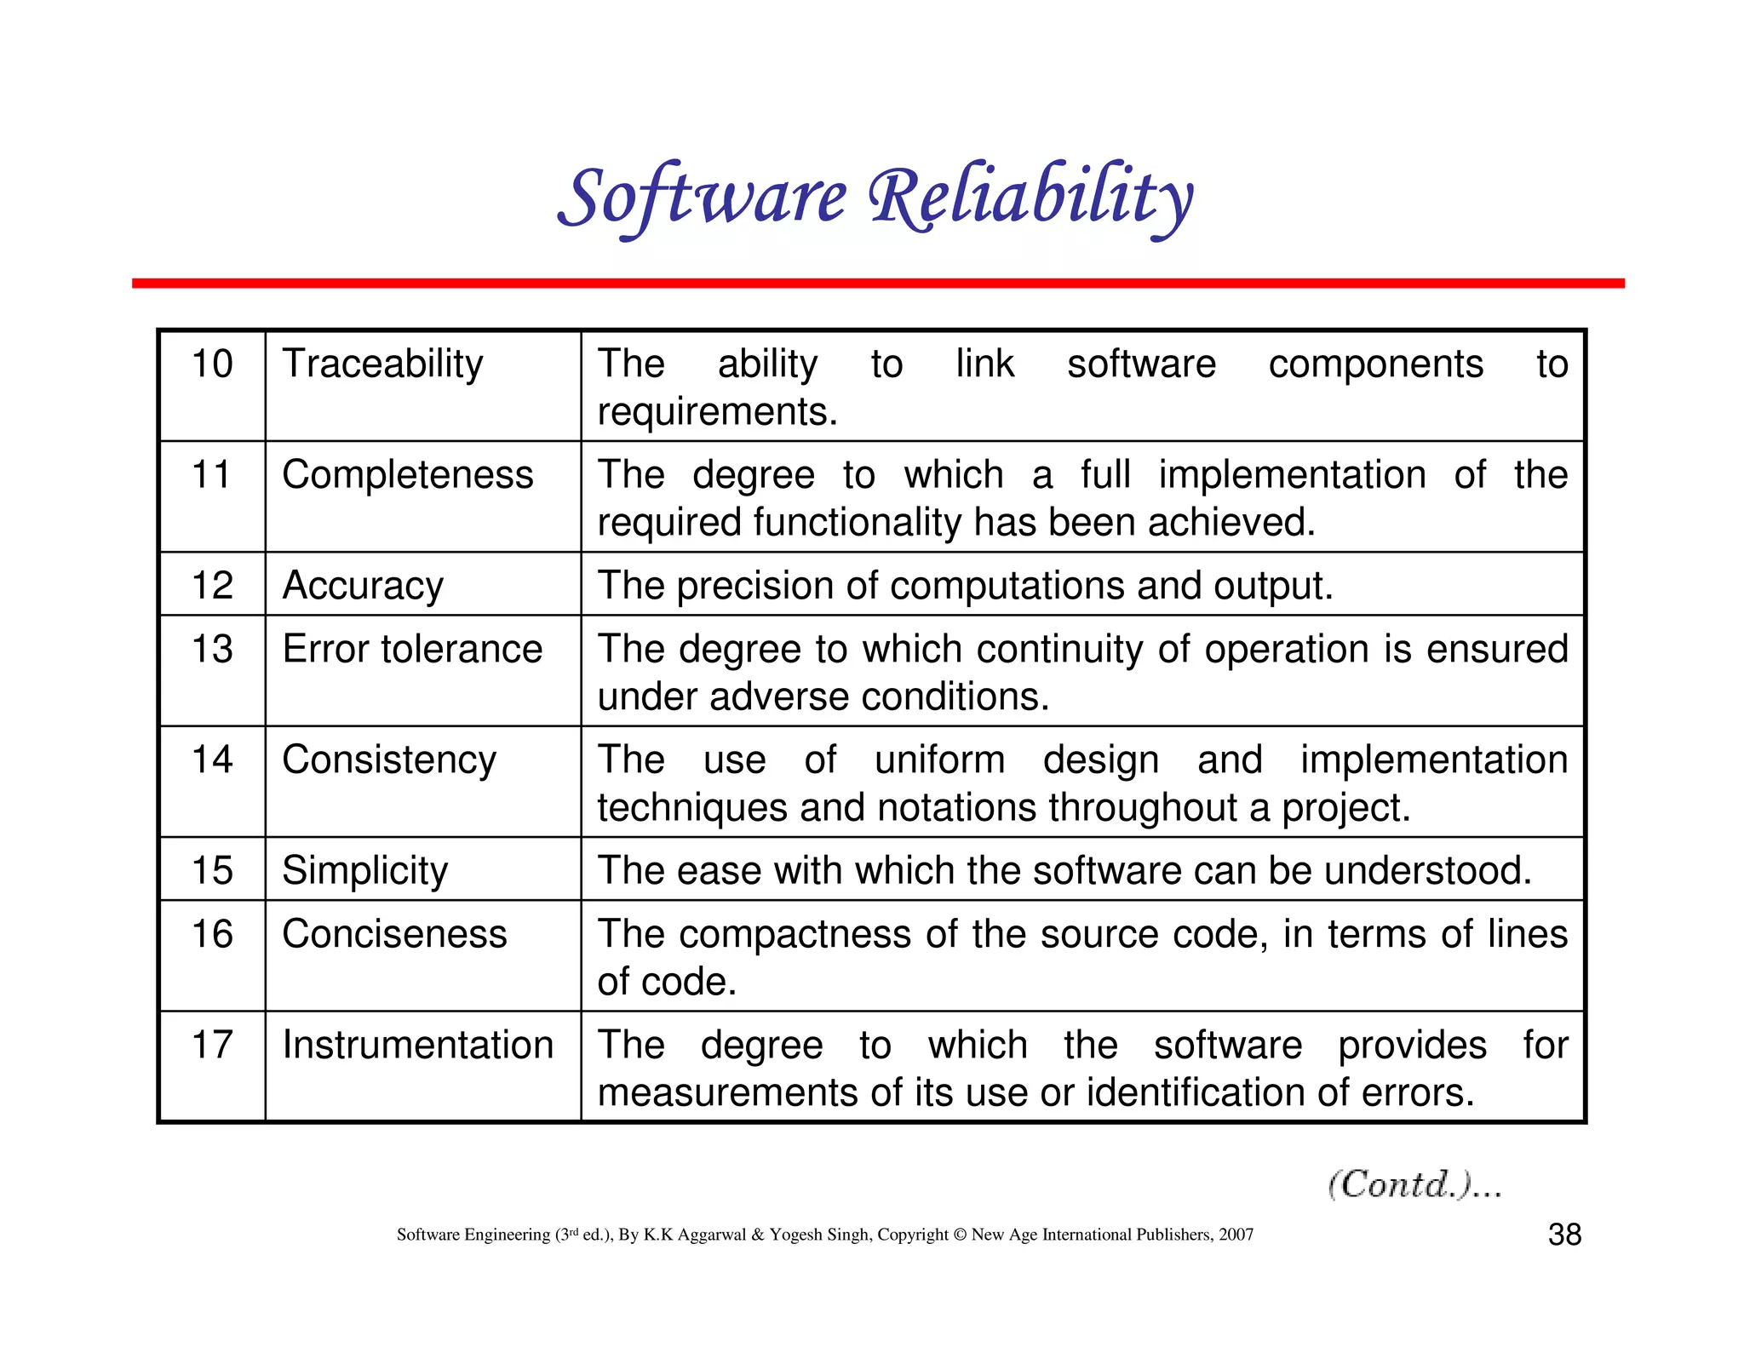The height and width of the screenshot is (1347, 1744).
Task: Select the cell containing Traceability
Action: click(382, 364)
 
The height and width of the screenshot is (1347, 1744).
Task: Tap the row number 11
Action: click(211, 475)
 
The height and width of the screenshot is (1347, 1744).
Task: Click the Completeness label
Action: click(407, 475)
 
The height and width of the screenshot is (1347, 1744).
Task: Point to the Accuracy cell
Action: click(363, 586)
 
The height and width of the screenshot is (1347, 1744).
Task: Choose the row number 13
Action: click(211, 650)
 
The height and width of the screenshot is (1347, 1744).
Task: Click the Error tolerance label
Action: click(412, 650)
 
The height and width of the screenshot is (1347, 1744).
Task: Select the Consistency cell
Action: click(389, 760)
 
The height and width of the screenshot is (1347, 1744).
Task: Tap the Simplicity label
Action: click(364, 871)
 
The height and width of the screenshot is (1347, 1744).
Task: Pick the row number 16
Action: click(211, 935)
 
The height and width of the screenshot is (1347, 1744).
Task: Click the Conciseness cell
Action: click(394, 935)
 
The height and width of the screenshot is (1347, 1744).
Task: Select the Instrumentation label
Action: click(417, 1046)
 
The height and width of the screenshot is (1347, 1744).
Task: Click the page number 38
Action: click(1564, 1235)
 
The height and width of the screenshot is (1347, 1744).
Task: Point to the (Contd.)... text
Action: click(1414, 1184)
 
